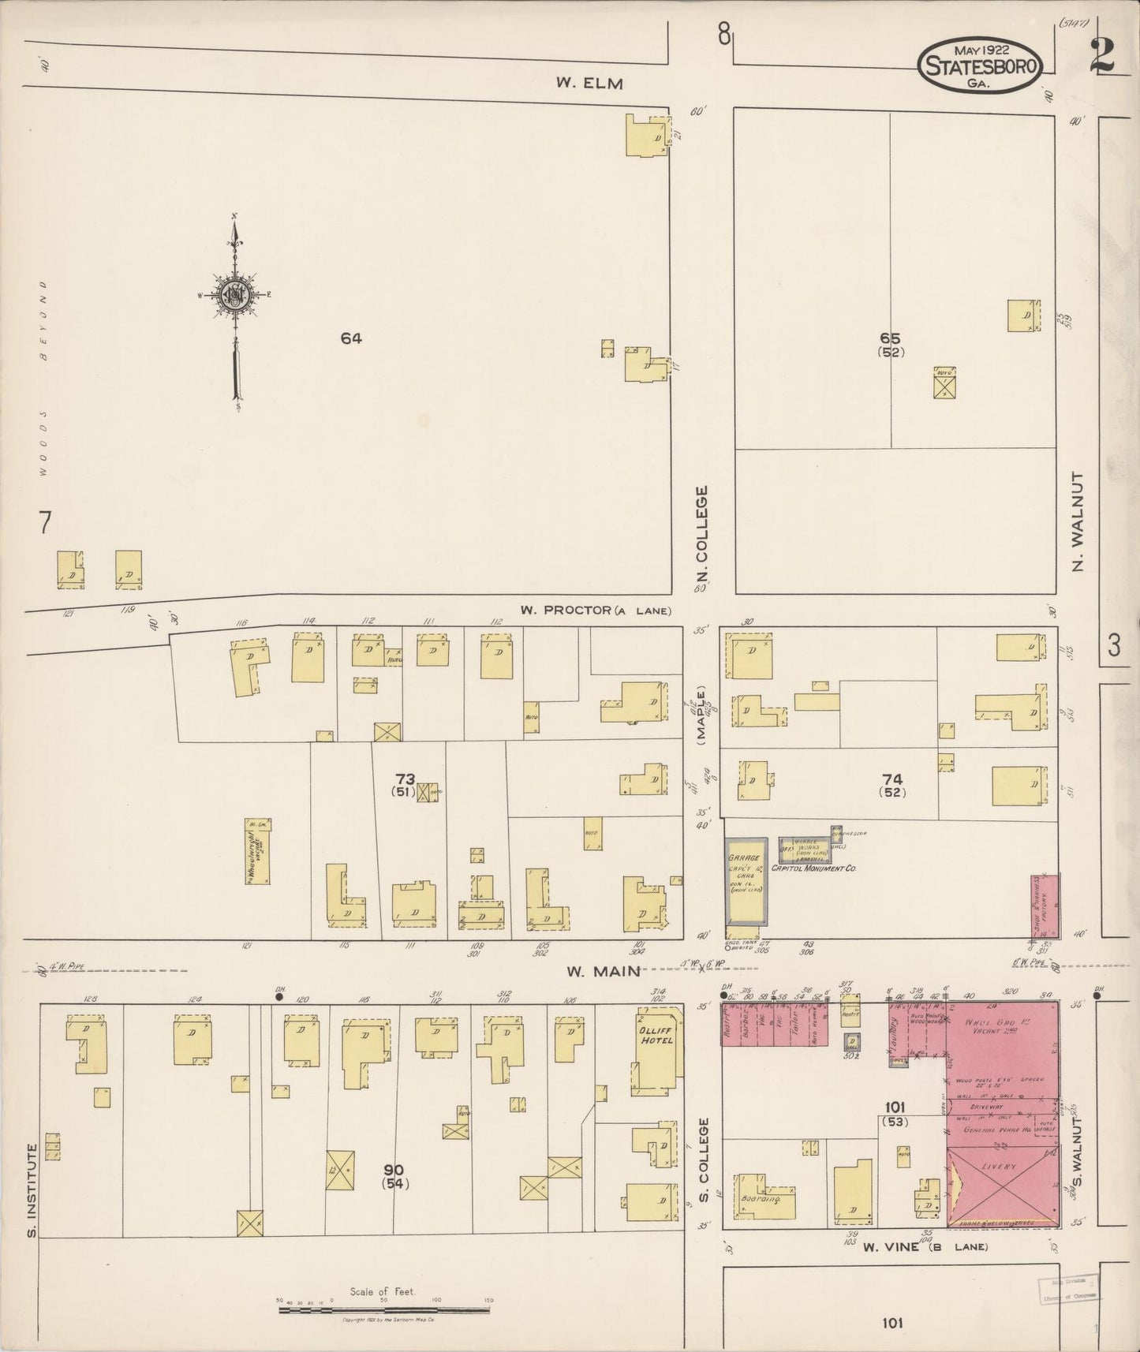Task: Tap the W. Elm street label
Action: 589,83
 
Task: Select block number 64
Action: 351,338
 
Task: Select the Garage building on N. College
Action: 746,881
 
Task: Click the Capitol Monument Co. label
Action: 817,868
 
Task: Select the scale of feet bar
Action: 384,1310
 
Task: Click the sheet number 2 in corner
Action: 1101,57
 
